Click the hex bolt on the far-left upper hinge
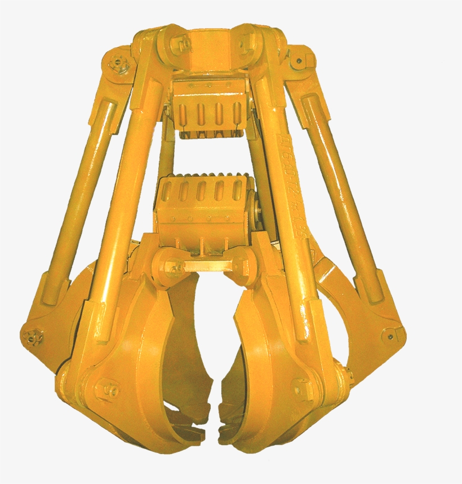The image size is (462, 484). (x=119, y=63)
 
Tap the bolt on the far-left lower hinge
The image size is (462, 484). (x=32, y=336)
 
